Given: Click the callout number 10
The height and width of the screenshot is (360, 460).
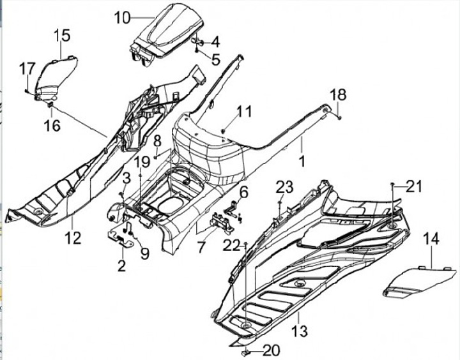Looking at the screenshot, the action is pyautogui.click(x=122, y=18).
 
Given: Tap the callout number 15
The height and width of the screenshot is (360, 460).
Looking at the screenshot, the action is pyautogui.click(x=62, y=35).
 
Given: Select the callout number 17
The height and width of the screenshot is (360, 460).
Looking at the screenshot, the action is pyautogui.click(x=27, y=69).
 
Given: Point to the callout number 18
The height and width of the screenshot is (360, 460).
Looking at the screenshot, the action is pyautogui.click(x=338, y=94).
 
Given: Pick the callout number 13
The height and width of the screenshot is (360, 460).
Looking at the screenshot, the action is pyautogui.click(x=300, y=331).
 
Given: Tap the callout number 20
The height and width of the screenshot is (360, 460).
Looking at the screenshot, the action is pyautogui.click(x=272, y=350).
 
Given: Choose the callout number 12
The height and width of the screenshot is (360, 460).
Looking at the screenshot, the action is pyautogui.click(x=73, y=237).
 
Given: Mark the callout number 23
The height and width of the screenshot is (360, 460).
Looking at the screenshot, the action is pyautogui.click(x=284, y=186).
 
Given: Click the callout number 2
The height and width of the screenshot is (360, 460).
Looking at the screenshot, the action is pyautogui.click(x=121, y=265).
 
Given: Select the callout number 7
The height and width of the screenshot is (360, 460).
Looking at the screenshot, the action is pyautogui.click(x=201, y=247).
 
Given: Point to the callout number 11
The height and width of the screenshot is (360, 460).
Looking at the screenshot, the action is pyautogui.click(x=244, y=112).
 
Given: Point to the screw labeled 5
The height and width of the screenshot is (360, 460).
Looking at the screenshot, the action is pyautogui.click(x=197, y=51).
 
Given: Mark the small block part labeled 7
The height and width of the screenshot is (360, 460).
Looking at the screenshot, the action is pyautogui.click(x=222, y=223).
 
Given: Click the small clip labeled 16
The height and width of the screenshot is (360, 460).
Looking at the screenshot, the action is pyautogui.click(x=50, y=105).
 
